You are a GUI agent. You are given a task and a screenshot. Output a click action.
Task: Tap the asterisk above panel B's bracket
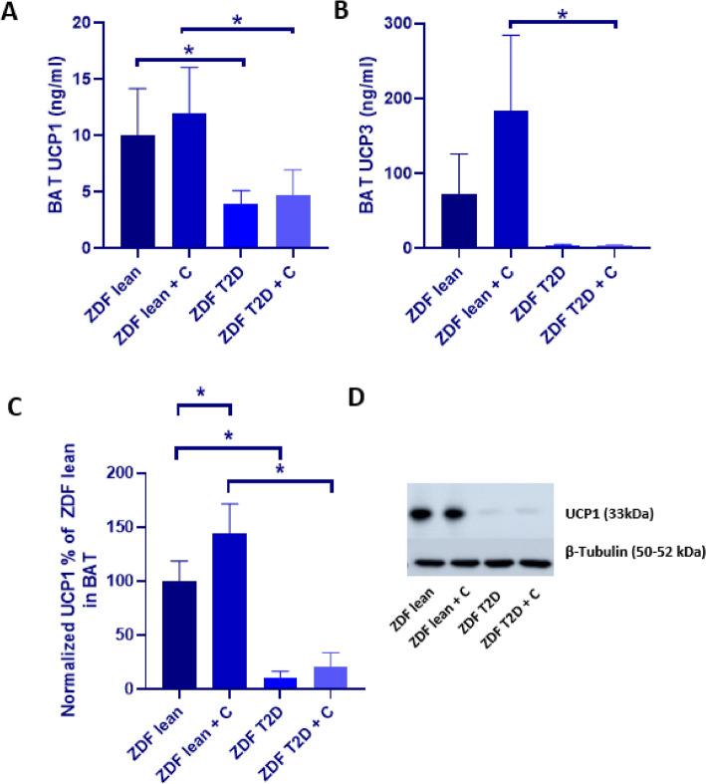563,14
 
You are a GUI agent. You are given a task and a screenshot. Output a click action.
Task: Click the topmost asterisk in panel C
202,393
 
